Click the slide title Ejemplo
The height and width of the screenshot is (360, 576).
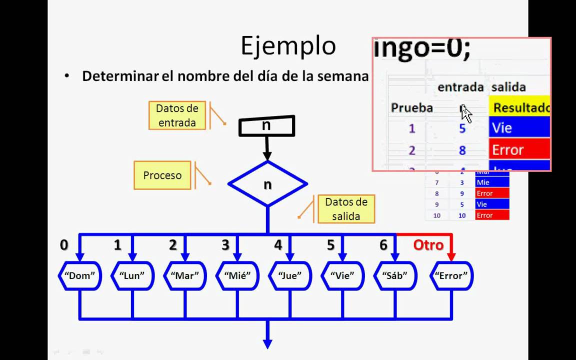click(x=288, y=46)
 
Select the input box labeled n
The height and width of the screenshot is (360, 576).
click(x=266, y=126)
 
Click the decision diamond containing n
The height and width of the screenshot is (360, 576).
click(x=267, y=184)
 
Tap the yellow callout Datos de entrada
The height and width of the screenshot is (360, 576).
click(x=177, y=115)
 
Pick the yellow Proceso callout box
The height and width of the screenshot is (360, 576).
click(x=162, y=175)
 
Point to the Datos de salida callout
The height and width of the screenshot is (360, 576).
click(x=346, y=209)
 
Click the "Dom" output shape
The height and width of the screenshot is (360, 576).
click(x=79, y=275)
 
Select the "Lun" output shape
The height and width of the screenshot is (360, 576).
click(x=132, y=275)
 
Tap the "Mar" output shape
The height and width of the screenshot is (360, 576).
click(x=185, y=275)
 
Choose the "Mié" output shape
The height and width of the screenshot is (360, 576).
click(x=237, y=275)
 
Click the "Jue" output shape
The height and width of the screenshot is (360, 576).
click(x=290, y=275)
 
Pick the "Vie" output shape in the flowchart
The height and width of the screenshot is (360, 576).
click(x=342, y=275)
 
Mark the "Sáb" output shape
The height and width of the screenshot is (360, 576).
click(x=395, y=275)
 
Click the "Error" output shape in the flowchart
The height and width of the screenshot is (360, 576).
click(x=451, y=275)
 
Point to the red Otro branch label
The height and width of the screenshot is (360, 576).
click(x=428, y=245)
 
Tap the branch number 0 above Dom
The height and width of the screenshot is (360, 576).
click(x=64, y=245)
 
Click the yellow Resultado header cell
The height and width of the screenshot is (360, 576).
click(x=520, y=107)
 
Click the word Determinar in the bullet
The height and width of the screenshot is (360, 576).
click(x=120, y=76)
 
